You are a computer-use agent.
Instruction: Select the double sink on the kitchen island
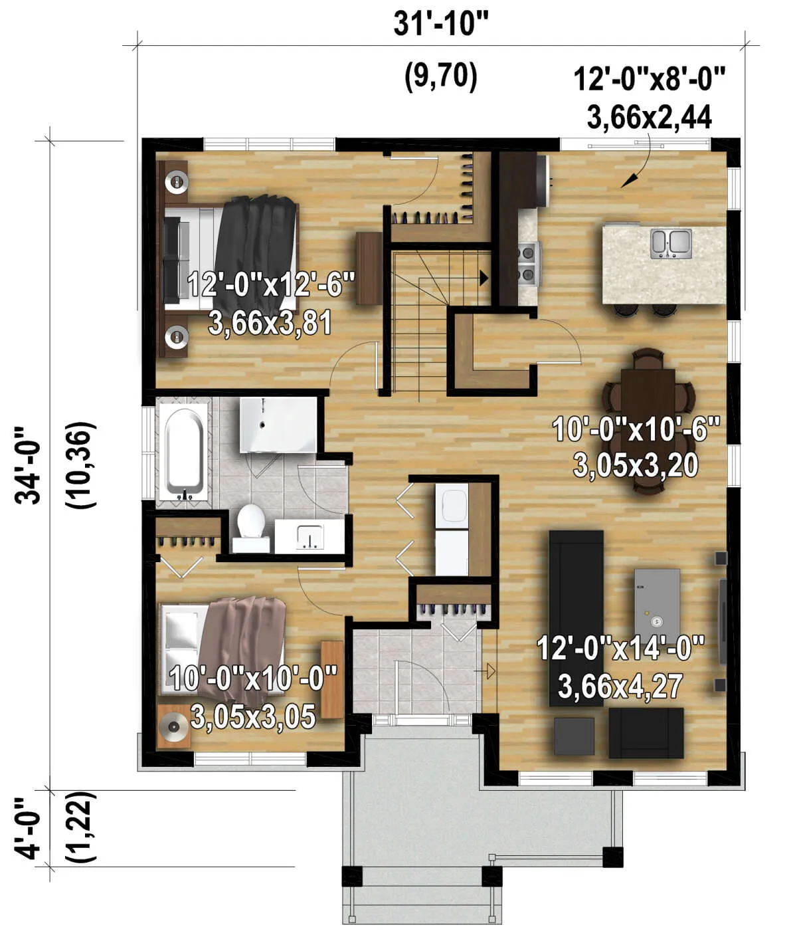(671, 245)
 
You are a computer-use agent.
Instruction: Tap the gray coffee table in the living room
(658, 605)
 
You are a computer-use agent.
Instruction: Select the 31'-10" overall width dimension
(441, 24)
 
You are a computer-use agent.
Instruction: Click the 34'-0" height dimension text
(28, 465)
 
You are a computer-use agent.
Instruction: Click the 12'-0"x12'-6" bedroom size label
(271, 284)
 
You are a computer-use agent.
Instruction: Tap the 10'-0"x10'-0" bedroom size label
(253, 678)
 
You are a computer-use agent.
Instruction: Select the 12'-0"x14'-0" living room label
(620, 648)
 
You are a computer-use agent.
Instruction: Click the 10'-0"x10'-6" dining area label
(636, 429)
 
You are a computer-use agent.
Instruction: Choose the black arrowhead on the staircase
(484, 278)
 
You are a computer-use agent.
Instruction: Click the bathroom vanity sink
(310, 538)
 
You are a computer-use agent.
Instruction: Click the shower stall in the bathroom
(278, 425)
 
